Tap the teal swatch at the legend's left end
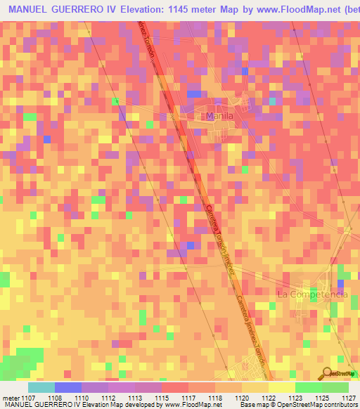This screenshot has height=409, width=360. [x=41, y=387]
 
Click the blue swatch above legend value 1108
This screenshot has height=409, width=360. [x=67, y=387]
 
